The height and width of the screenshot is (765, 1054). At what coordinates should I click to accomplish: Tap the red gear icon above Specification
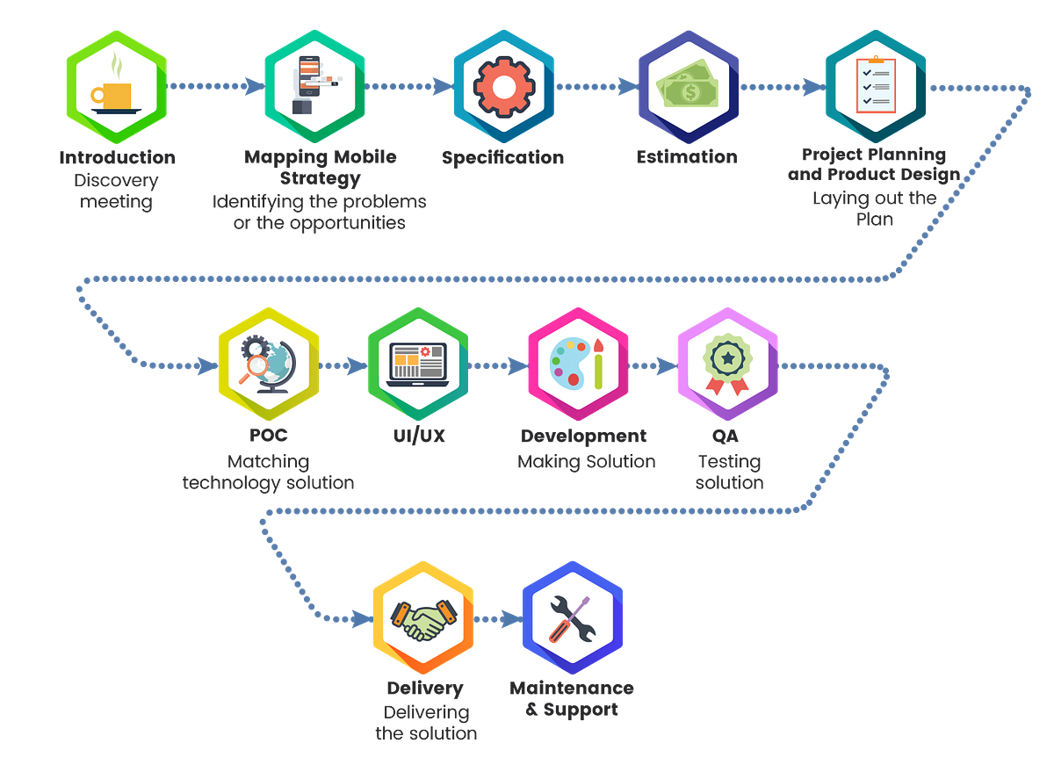point(504,88)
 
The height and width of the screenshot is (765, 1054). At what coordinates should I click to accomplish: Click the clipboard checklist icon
point(876,84)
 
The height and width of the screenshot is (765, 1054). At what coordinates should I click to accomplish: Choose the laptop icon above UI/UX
point(417,364)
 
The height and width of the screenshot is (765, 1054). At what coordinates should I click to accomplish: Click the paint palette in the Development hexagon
point(570,363)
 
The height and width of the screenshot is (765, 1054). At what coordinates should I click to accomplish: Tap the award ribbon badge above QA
point(727,364)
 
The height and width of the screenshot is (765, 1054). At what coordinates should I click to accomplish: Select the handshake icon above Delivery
point(423,619)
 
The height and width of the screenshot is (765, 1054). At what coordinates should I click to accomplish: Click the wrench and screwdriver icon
point(572,618)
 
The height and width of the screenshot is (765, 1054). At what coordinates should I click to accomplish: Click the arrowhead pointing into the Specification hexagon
point(444,87)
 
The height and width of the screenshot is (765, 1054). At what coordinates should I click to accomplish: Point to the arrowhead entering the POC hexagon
point(207,366)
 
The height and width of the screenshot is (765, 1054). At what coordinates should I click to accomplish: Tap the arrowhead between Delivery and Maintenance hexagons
point(512,619)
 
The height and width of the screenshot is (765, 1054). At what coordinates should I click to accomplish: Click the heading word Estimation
point(687,157)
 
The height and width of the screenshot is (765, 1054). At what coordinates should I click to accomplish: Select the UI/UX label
point(419,437)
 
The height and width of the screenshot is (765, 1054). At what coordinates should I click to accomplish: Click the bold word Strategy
point(321,179)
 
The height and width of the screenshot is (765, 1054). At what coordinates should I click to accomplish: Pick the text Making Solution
point(587,462)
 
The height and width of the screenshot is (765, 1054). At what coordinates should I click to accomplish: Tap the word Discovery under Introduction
point(116,181)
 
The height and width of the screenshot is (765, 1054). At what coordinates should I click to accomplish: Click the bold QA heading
point(726,437)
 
